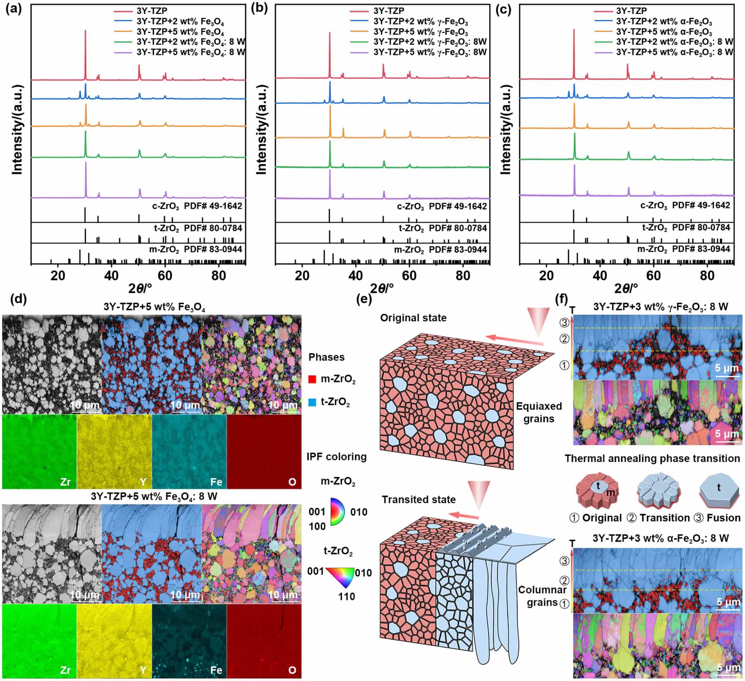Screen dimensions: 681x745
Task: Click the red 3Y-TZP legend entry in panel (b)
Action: pos(388,11)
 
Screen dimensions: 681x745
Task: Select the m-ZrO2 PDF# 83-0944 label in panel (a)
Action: pos(195,249)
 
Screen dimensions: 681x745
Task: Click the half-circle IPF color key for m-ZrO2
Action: pos(337,512)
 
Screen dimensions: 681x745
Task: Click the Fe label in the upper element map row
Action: pos(216,481)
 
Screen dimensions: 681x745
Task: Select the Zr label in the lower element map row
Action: pos(65,670)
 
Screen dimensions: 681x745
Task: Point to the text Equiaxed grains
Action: pos(539,412)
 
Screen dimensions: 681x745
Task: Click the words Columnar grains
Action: pos(542,596)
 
